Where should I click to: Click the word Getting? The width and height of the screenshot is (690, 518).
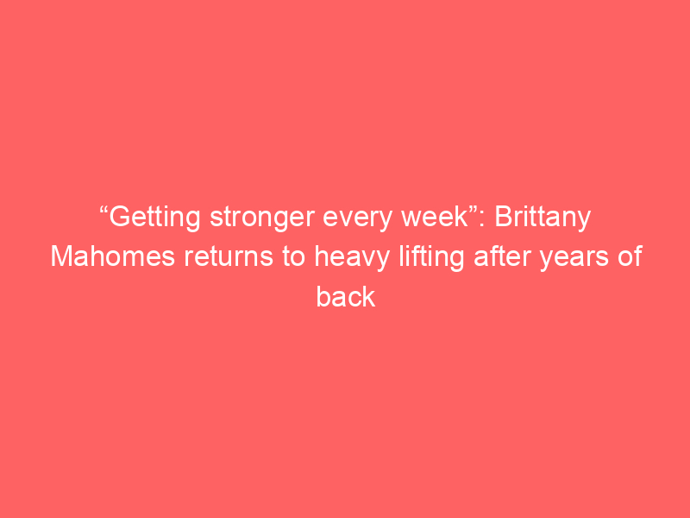click(155, 218)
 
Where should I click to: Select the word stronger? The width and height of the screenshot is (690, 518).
click(262, 218)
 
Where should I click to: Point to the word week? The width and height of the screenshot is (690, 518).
click(435, 217)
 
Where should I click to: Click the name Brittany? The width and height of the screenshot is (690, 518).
click(543, 218)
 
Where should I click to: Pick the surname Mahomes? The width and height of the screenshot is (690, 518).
click(113, 256)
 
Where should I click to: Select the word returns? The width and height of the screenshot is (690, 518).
click(229, 257)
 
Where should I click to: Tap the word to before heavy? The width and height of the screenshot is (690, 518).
click(293, 257)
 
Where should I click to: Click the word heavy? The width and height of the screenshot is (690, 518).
click(352, 257)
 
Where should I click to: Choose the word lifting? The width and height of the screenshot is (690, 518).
click(431, 257)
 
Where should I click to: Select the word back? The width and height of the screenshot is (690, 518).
click(346, 296)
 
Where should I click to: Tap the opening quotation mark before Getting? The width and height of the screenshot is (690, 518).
click(104, 210)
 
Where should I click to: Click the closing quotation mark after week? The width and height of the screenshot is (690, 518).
click(474, 210)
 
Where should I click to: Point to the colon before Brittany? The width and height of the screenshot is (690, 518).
click(484, 219)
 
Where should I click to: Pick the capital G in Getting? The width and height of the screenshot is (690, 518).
click(119, 217)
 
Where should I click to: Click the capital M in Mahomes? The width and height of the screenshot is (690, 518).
click(61, 256)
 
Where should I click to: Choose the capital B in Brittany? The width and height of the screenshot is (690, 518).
click(504, 217)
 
